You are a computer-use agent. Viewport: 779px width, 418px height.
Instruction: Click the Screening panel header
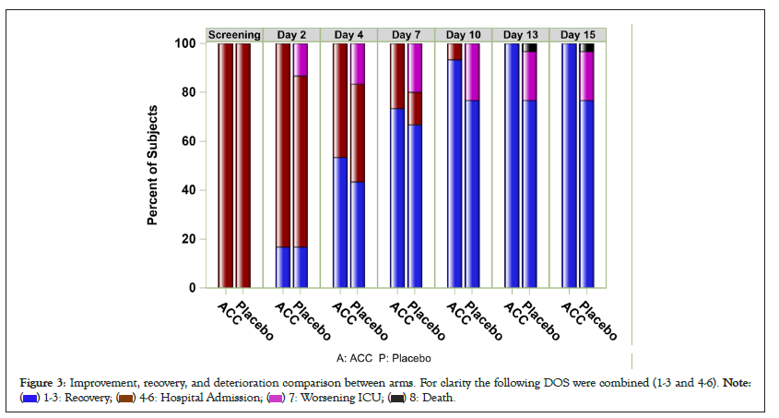235,35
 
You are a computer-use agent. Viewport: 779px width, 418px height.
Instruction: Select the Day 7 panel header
407,35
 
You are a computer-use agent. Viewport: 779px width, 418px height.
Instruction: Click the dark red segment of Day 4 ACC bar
340,101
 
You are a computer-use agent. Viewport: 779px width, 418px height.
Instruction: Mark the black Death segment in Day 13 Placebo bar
530,48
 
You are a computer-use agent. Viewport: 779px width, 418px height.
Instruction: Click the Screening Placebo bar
243,166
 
